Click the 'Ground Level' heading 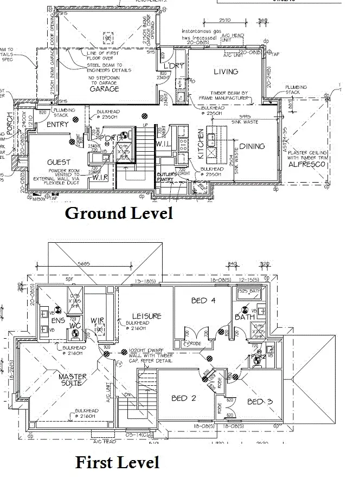(119, 213)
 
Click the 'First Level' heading (117, 462)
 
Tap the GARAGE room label (105, 89)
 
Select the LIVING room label (226, 72)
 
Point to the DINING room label (252, 146)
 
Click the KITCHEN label (200, 144)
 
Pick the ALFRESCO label (306, 164)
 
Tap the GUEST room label (59, 162)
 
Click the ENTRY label (57, 125)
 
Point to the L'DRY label (174, 66)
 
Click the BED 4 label (203, 300)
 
